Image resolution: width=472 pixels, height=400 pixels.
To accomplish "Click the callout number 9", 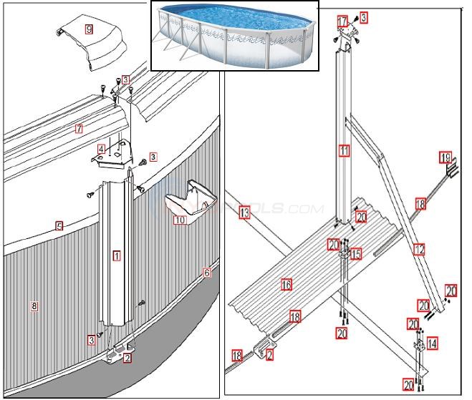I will (x=89, y=29).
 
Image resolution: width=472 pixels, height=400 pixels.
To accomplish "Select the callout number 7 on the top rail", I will (x=79, y=130).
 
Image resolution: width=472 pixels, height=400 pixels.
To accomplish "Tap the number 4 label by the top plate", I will (x=102, y=150).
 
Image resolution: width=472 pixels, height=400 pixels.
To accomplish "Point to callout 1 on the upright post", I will (x=116, y=255).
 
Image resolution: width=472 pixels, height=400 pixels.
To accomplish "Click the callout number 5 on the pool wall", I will (x=59, y=225).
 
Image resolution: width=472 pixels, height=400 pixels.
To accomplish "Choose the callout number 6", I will (x=207, y=273).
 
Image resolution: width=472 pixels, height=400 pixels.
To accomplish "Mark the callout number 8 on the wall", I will (x=34, y=306).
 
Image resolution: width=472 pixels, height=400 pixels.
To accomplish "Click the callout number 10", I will (x=179, y=220).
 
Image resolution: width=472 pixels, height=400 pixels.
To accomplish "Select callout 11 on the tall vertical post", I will (x=345, y=151).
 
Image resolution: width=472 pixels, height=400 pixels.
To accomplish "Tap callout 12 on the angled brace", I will (x=419, y=250).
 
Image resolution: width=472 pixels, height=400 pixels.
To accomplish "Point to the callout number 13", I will (x=244, y=213).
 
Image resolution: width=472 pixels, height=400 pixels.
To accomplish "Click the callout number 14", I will (x=432, y=343).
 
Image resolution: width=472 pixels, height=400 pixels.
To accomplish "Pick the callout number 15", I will (x=356, y=254).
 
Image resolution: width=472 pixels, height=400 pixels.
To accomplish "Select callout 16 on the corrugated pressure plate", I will (x=286, y=284).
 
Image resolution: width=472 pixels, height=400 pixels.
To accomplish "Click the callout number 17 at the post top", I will (x=342, y=21).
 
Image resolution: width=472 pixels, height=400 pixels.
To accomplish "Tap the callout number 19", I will (x=445, y=157).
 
